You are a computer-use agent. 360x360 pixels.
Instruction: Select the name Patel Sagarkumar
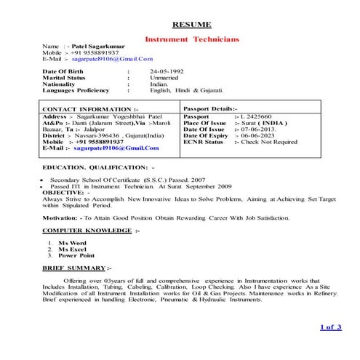[99, 46]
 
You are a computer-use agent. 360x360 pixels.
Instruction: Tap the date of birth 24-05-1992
[167, 71]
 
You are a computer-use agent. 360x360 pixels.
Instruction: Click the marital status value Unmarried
[164, 77]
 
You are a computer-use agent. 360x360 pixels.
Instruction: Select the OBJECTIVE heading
[66, 193]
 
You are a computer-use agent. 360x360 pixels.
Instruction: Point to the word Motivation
[62, 217]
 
